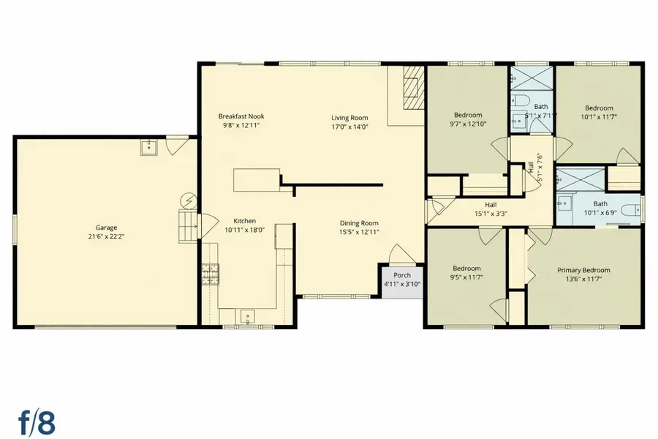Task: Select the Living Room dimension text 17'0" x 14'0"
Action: click(x=349, y=127)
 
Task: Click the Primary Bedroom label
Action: click(x=578, y=270)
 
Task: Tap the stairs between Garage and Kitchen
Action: click(x=189, y=225)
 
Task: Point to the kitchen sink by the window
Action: click(x=247, y=316)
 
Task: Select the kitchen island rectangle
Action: click(x=257, y=179)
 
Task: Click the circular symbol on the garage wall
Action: click(x=189, y=200)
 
